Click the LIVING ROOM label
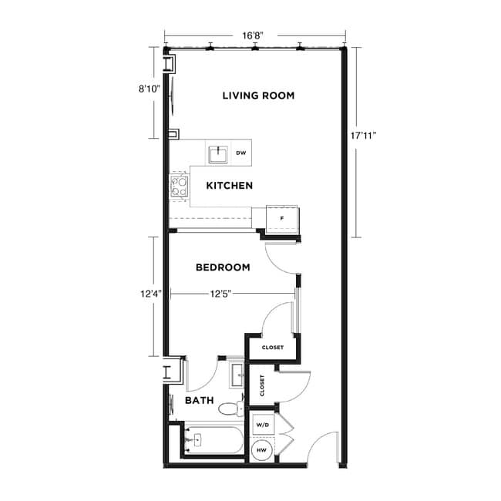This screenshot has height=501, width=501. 258,96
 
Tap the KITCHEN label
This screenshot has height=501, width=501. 230,186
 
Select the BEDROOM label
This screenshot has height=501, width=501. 223,267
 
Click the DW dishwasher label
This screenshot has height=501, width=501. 240,153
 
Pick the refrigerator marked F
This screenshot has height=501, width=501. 282,218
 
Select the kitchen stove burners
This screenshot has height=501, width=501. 180,187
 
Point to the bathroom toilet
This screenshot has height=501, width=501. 230,408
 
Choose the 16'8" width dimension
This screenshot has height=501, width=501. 254,35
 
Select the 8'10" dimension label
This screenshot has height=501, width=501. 150,89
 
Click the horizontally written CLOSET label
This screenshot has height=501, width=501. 272,348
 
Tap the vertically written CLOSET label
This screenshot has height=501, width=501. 262,385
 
